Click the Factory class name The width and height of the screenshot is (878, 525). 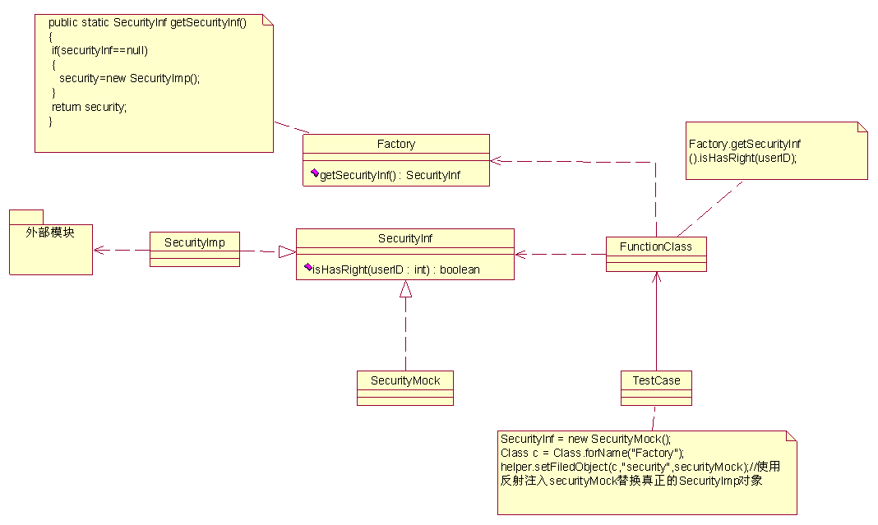(x=396, y=144)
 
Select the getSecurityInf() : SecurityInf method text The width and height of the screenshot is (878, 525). (x=390, y=175)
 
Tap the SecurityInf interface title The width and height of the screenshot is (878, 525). (x=404, y=238)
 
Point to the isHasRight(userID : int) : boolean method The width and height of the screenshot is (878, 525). (x=396, y=269)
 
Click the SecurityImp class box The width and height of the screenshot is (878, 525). (x=195, y=249)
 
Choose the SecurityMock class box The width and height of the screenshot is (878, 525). (x=405, y=388)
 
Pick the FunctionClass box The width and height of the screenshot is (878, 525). (x=656, y=254)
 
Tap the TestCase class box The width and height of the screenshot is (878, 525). (x=656, y=388)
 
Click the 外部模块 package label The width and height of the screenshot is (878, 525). (x=50, y=233)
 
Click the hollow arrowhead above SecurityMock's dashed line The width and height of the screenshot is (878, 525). (x=406, y=289)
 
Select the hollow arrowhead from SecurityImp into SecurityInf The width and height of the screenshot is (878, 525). (x=287, y=252)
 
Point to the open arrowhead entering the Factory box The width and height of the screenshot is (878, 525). (x=496, y=161)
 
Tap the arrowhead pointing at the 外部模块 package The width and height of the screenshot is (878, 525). (x=99, y=251)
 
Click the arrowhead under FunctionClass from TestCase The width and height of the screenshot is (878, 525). (x=656, y=277)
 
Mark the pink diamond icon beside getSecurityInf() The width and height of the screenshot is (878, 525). (x=315, y=173)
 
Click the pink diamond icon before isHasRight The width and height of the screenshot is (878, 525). (x=308, y=267)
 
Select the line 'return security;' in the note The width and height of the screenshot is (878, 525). (x=89, y=107)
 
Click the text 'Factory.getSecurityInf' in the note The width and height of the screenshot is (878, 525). (x=745, y=144)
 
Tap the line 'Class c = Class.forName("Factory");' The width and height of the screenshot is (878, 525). (x=593, y=453)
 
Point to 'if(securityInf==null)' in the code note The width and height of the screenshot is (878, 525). (x=99, y=50)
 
